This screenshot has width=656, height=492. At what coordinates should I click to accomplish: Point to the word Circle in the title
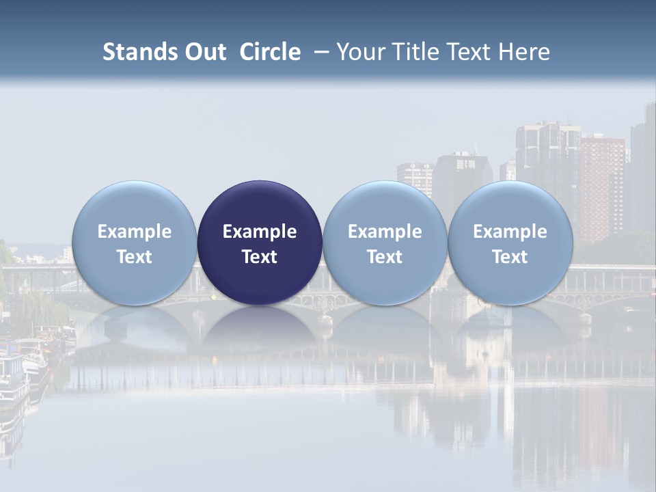(x=270, y=52)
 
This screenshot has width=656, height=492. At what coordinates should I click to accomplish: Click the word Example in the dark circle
(x=260, y=232)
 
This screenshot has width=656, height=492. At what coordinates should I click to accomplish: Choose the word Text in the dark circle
(x=260, y=257)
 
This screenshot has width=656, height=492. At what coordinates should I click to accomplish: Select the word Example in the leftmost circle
(x=134, y=232)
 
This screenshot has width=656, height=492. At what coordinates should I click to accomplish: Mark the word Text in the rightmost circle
(x=510, y=257)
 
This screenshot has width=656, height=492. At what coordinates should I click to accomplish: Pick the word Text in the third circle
(x=385, y=257)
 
